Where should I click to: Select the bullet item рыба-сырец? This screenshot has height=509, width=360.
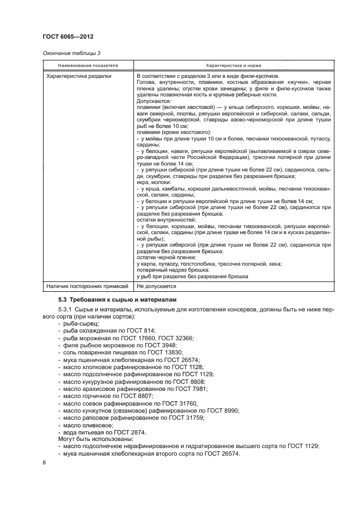[80, 323]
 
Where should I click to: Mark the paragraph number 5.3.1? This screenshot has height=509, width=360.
[65, 310]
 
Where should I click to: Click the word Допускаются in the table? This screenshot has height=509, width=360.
[154, 101]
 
